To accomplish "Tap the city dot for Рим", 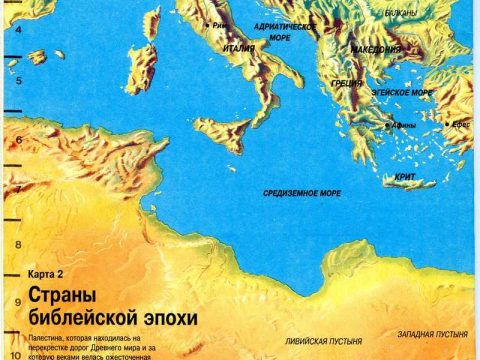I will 207,23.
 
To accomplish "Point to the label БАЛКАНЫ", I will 402,13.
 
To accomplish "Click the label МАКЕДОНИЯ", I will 376,48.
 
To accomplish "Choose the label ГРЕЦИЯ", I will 346,85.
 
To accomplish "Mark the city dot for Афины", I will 387,125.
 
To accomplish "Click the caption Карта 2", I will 44,273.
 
